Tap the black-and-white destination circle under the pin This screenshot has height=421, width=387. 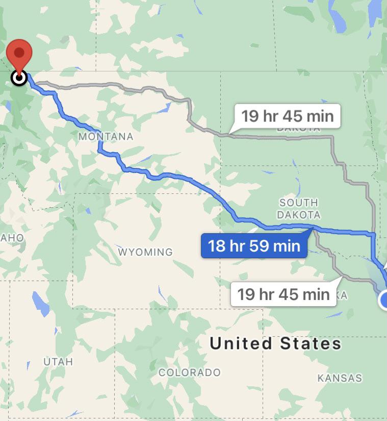pos(19,78)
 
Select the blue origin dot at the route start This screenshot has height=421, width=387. pos(384,301)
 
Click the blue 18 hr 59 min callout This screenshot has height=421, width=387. pos(254,245)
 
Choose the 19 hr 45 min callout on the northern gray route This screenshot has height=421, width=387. pos(288,116)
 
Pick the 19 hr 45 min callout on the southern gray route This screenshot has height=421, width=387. pos(283,294)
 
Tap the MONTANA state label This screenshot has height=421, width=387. pos(106,137)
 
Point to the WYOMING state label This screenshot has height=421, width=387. pos(145,252)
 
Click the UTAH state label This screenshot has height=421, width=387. pos(58,362)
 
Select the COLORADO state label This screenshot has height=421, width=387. pos(190,373)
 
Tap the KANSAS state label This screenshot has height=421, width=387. pos(340,378)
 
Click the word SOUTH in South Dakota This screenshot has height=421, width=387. pos(299,203)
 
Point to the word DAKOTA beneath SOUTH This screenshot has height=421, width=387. pos(299,215)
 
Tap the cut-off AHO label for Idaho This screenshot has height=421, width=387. pos(12,238)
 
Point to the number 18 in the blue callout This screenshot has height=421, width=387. pos(217,245)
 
